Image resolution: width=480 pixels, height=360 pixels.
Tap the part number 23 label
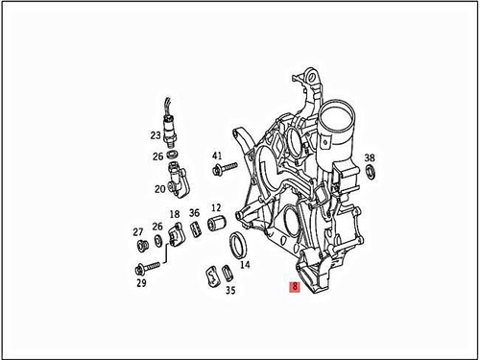point(156,136)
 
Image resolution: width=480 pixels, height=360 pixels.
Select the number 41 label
point(217,156)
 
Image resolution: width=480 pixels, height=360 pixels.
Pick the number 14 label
point(244,264)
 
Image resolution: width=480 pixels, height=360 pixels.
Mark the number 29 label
point(141,282)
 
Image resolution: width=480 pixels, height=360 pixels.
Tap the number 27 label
point(138,231)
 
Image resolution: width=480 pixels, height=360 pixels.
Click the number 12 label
point(216,207)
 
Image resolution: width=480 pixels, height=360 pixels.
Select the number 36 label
point(194,213)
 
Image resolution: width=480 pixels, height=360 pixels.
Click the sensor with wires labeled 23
point(172,124)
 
